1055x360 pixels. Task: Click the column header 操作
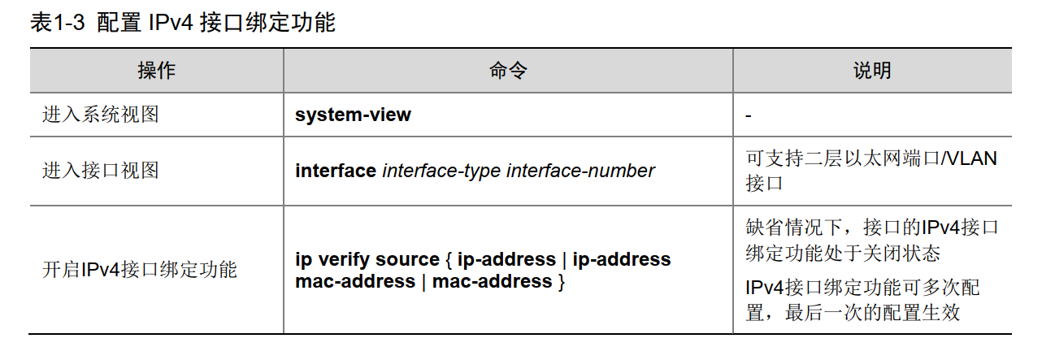[156, 70]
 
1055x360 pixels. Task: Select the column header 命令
[508, 70]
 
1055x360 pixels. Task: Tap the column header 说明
[872, 70]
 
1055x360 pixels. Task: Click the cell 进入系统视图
[101, 115]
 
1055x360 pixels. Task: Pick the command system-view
[353, 115]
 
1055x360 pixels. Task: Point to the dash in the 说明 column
[749, 115]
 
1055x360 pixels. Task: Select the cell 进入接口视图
[101, 171]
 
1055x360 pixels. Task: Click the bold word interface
[336, 171]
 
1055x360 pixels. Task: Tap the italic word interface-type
[441, 171]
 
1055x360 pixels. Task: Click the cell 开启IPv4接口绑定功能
[139, 270]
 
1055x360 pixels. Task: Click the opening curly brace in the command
[449, 260]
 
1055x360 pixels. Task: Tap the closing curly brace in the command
[560, 282]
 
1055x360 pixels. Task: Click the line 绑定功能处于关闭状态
[843, 253]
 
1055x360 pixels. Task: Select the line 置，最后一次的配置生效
[857, 311]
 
